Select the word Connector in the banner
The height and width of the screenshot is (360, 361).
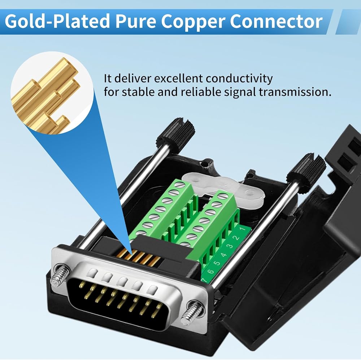coord(276,21)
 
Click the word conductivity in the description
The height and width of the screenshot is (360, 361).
coord(239,79)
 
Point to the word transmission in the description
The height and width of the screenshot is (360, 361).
coord(295,92)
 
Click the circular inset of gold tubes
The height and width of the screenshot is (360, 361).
coord(52,92)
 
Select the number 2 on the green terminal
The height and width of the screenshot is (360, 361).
coord(236,238)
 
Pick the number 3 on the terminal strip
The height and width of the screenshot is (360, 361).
coord(230,246)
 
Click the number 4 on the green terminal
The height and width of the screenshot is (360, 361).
coord(224,255)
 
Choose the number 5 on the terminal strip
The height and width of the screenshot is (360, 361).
coord(217,263)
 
